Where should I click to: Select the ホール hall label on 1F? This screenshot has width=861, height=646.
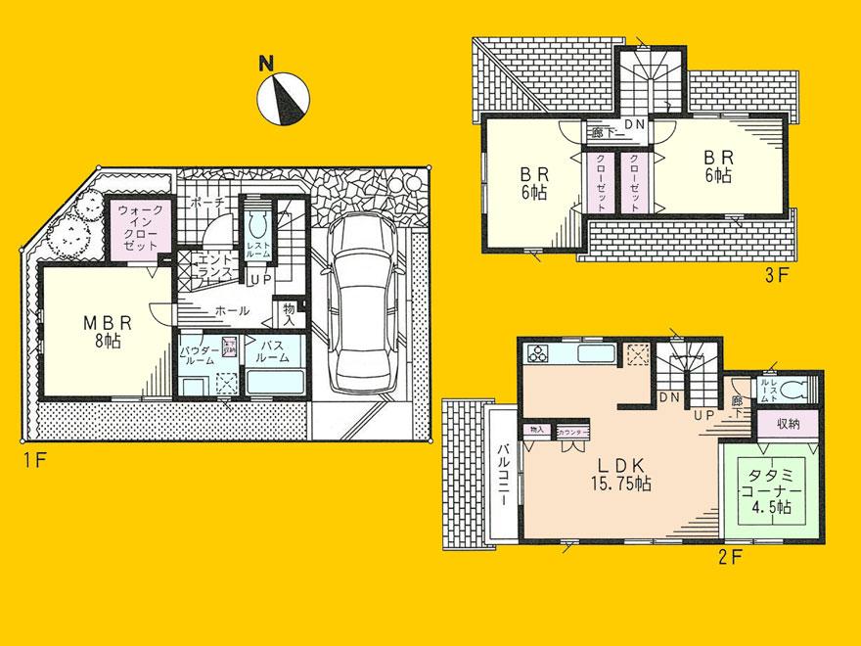pyautogui.click(x=231, y=309)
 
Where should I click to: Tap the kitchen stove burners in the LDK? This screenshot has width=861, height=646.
pyautogui.click(x=539, y=353)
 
